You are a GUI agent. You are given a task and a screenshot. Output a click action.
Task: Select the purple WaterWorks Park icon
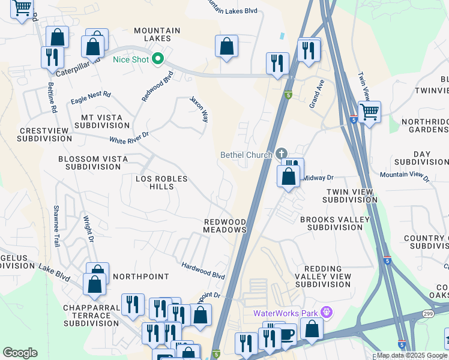point(327,313)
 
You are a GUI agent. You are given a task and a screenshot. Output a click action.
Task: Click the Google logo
point(20,353)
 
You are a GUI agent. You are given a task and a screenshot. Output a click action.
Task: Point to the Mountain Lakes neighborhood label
point(157,34)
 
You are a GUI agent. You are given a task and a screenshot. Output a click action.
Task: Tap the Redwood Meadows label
point(224,226)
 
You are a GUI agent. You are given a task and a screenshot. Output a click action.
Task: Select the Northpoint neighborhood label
point(140,276)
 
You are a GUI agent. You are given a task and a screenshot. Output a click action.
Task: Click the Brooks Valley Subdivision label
point(335,223)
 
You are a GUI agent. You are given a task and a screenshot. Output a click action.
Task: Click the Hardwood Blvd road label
point(203,270)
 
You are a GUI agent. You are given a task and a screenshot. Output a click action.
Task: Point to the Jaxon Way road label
point(199,109)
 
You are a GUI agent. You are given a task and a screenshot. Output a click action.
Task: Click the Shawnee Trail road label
point(56,216)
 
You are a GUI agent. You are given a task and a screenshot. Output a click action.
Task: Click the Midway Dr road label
point(318,178)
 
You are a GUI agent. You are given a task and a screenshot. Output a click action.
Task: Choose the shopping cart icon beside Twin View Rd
point(369,112)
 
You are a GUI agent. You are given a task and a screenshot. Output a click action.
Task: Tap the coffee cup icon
point(286,334)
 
